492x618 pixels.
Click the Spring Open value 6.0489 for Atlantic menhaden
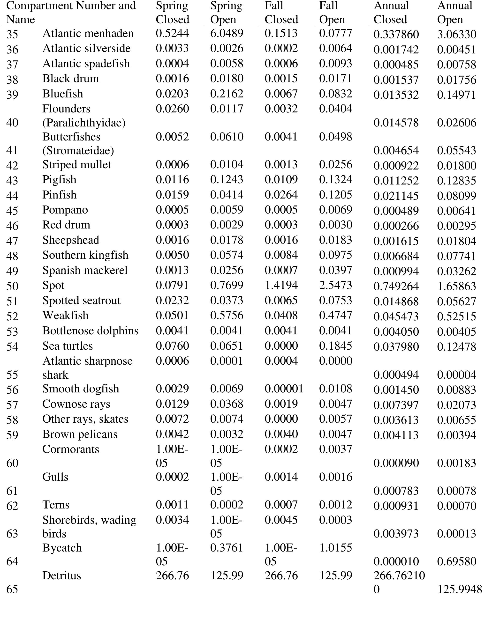point(227,33)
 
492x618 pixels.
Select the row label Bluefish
point(63,94)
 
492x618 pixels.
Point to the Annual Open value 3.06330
point(457,34)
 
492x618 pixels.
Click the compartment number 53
point(12,332)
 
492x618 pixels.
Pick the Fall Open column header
point(332,13)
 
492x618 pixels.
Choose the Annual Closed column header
point(391,13)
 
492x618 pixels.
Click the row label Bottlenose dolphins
point(90,331)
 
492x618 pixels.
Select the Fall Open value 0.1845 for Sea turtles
point(335,346)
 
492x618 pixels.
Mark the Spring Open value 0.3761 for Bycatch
point(227,548)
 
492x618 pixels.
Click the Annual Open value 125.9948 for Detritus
point(459,589)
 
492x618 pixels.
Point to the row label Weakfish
point(65,316)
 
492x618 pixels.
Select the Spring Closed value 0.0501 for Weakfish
point(172,316)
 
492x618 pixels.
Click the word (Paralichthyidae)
point(84,123)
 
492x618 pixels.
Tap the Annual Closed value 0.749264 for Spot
point(396,286)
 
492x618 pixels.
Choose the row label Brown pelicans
point(80,434)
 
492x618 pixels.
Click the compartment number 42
point(12,165)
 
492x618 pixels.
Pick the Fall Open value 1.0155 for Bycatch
point(335,548)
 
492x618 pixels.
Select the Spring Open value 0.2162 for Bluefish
point(227,94)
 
